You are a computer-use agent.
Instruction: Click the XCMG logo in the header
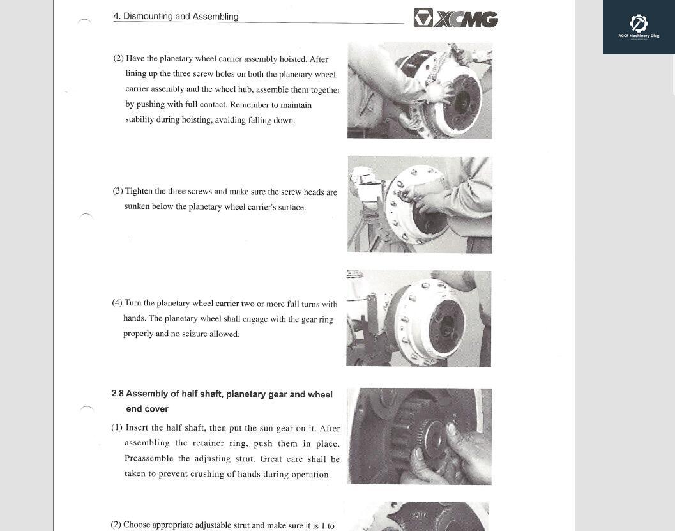(x=455, y=18)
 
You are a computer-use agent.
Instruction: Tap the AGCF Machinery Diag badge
(x=639, y=27)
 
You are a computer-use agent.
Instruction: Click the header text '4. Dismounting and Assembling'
(x=176, y=17)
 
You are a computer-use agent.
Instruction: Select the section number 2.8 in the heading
(x=118, y=394)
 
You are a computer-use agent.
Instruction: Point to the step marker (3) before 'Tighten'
(x=118, y=191)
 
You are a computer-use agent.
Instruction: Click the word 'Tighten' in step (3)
(x=139, y=191)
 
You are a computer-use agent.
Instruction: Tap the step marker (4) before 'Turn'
(x=117, y=303)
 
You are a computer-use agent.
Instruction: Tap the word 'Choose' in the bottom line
(x=137, y=525)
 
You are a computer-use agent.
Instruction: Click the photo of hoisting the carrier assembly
(x=420, y=91)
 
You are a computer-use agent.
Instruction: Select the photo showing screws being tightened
(x=420, y=204)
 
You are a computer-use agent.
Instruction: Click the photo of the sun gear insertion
(x=419, y=436)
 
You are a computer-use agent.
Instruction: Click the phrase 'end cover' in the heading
(x=147, y=409)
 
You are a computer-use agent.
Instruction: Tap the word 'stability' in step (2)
(x=140, y=119)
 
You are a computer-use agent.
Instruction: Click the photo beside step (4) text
(x=419, y=318)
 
